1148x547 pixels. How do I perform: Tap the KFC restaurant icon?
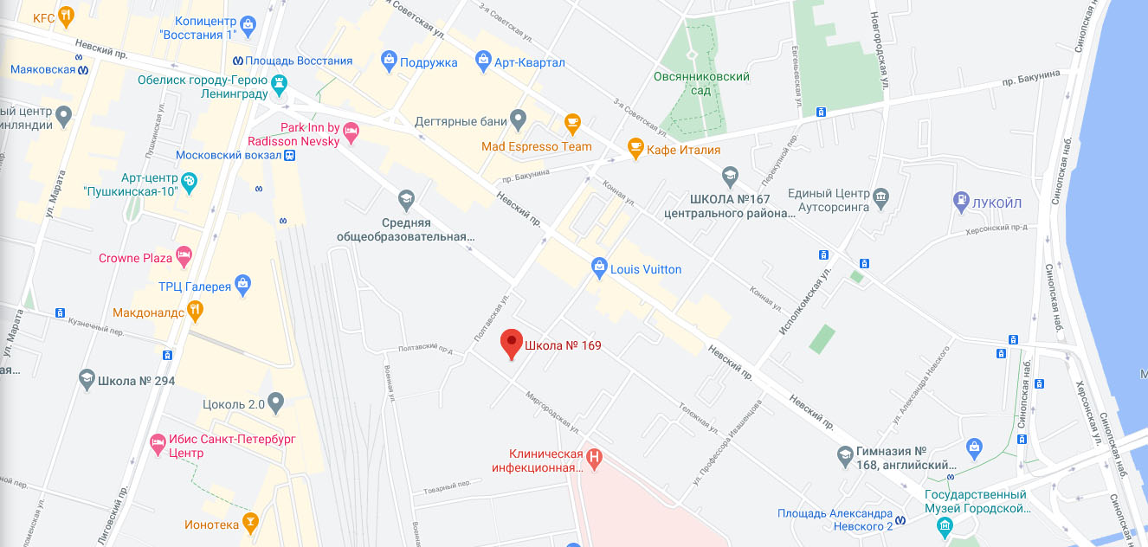coord(65,17)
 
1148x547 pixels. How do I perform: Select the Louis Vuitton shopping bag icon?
coord(598,268)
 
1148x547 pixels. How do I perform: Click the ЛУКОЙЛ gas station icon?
coord(960,203)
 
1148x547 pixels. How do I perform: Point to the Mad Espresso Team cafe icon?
coord(571,123)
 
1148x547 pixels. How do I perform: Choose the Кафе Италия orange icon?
coord(635,149)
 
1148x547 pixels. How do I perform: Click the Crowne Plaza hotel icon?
coord(183,257)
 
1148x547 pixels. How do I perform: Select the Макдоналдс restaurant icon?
coord(197,310)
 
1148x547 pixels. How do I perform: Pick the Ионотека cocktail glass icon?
coord(250,522)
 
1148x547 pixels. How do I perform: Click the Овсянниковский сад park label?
coord(701,83)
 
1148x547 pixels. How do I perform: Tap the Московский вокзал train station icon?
coord(290,155)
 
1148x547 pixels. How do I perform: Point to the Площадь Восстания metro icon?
coord(237,61)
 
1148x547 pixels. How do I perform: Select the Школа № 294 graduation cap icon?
coord(87,380)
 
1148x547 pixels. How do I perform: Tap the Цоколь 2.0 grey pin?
coord(276,402)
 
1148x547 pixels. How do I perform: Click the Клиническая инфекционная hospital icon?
coord(595,456)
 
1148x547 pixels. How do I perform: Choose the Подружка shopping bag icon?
coord(389,61)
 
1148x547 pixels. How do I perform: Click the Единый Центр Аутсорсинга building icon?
coord(881,196)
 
